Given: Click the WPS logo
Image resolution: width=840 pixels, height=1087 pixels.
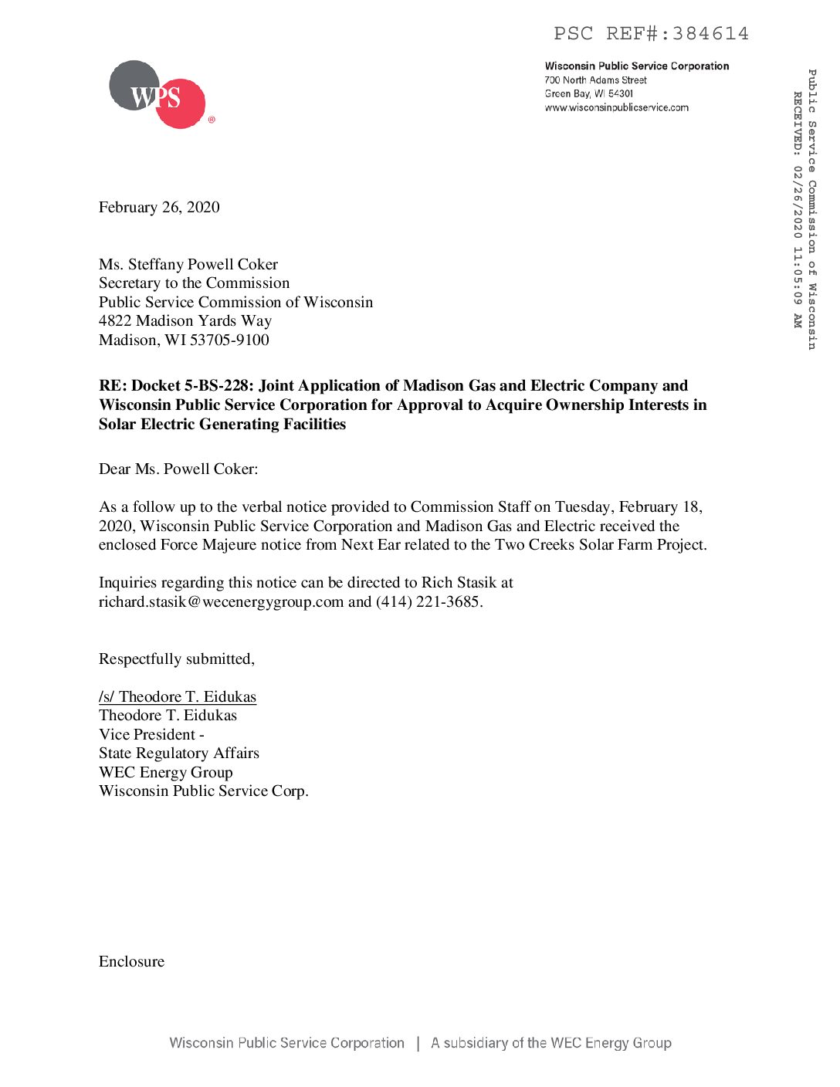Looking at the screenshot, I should click(x=157, y=95).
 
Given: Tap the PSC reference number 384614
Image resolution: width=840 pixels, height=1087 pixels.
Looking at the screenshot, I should click(x=710, y=34).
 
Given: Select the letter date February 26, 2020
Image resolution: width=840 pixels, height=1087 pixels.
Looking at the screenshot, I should click(x=159, y=208).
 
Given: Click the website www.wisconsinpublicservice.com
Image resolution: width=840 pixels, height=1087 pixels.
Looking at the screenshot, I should click(x=616, y=108).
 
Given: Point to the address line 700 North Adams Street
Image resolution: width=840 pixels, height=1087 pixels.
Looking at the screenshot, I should click(x=595, y=80).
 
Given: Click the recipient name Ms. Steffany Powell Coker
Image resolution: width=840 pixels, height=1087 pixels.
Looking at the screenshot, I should click(x=188, y=265).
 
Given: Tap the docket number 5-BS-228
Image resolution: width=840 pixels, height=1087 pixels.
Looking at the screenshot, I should click(x=218, y=386).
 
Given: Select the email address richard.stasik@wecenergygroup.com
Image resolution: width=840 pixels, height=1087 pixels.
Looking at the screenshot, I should click(x=221, y=602).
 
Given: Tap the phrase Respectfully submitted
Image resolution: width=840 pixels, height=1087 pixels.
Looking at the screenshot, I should click(x=176, y=659).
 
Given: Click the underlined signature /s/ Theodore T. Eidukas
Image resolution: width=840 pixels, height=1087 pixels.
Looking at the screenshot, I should click(x=178, y=697).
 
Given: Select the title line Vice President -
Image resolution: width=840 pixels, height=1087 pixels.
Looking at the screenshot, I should click(x=151, y=735).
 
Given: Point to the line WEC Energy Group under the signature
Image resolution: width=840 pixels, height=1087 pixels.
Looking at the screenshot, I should click(x=166, y=773).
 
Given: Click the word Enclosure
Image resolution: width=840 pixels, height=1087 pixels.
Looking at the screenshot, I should click(x=132, y=962).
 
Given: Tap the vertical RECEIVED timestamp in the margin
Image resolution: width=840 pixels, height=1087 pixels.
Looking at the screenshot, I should click(x=798, y=208).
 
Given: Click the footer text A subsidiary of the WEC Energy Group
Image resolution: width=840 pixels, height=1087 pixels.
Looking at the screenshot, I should click(x=551, y=1044).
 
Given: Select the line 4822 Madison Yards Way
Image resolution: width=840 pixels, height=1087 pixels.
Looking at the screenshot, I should click(x=185, y=321).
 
